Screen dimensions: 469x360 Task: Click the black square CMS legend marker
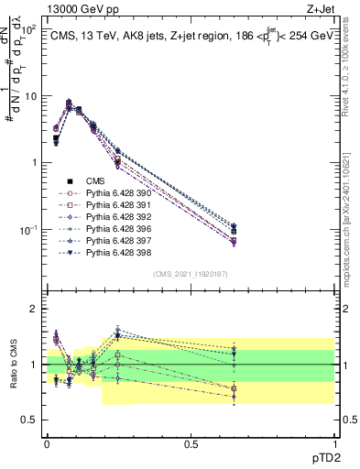coord(70,181)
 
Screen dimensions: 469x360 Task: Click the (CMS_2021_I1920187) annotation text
coord(191,274)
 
